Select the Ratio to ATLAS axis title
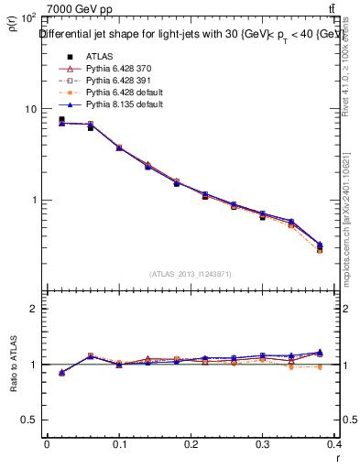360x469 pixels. click(15, 364)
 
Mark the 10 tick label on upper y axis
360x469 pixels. click(30, 109)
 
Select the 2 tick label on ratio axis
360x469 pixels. click(33, 309)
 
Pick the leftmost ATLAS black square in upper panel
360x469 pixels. click(61, 119)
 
